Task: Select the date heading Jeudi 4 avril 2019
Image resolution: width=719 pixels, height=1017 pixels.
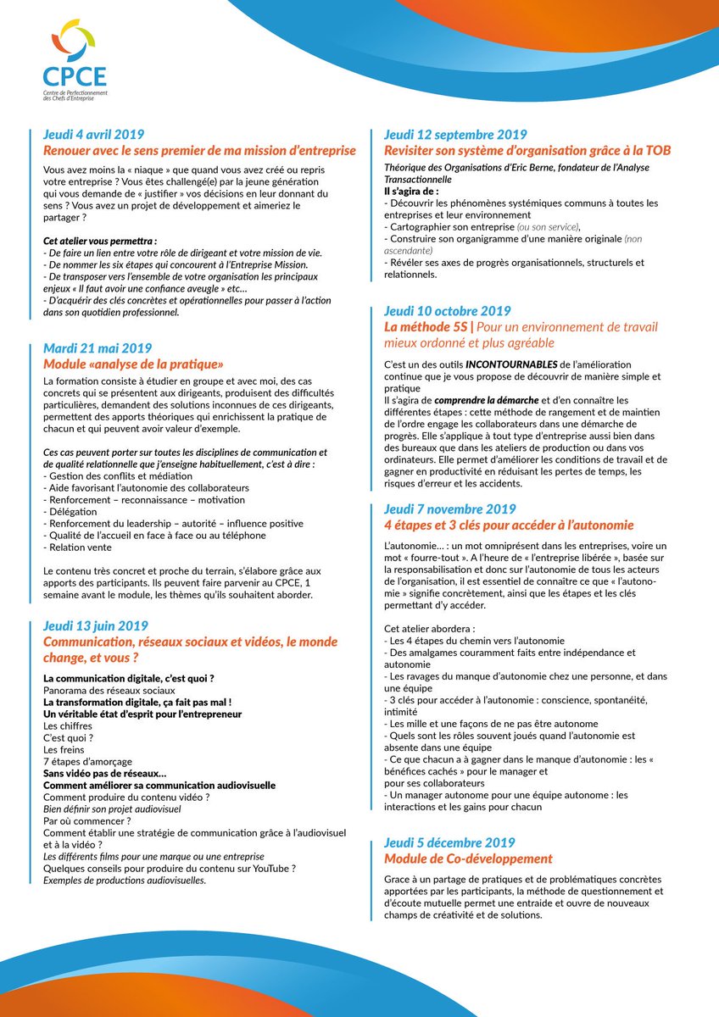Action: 93,135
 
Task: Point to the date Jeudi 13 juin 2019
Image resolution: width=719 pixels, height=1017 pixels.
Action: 95,626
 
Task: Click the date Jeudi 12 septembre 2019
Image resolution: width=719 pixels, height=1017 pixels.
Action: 454,135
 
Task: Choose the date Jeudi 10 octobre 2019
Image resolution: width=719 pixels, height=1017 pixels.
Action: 447,311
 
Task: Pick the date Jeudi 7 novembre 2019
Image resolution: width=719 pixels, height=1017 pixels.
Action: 449,509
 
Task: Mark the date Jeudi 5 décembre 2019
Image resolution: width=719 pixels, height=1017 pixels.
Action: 449,842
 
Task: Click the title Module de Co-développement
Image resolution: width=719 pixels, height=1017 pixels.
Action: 468,859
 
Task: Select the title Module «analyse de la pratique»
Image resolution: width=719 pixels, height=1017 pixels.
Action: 133,364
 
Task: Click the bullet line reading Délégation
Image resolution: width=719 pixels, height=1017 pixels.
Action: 70,511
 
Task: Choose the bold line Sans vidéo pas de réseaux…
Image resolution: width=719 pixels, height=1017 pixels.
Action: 104,774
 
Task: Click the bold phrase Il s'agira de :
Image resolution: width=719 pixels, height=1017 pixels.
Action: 412,192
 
